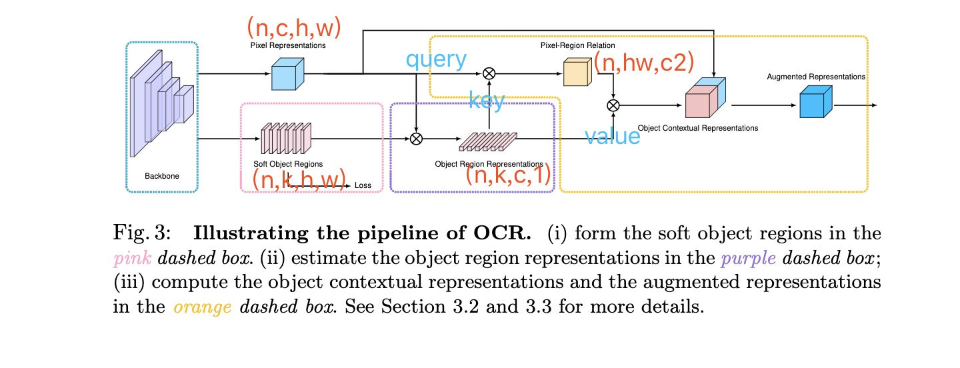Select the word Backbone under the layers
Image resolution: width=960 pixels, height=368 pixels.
click(x=162, y=177)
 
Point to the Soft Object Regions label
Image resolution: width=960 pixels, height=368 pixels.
click(x=288, y=164)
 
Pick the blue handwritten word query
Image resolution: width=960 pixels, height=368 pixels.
click(x=436, y=60)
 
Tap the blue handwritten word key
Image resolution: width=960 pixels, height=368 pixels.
click(x=487, y=101)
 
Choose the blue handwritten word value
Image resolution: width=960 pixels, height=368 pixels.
click(x=613, y=136)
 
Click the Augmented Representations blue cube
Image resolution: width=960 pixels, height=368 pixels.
click(x=815, y=104)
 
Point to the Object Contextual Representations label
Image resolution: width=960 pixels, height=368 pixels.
click(x=698, y=127)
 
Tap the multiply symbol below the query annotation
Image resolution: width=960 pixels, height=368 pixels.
click(x=489, y=73)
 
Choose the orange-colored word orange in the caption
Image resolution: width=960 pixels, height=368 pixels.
click(x=202, y=307)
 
